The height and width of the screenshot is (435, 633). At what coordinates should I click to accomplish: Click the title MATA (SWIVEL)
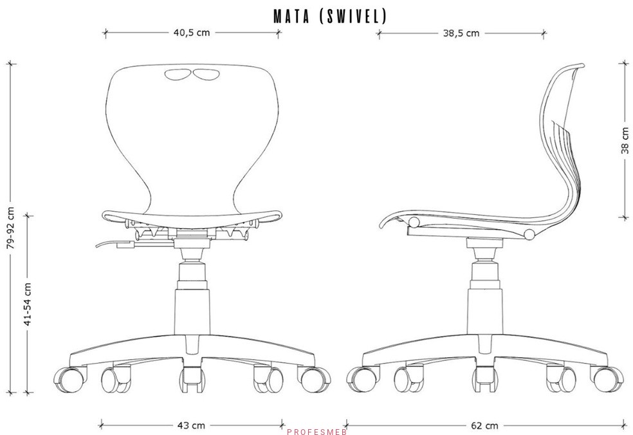click(330, 16)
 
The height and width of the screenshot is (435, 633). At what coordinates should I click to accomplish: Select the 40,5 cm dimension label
click(192, 33)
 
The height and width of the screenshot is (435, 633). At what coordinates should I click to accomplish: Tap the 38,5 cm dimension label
click(461, 33)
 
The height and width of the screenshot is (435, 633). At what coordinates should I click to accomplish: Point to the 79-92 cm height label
click(10, 228)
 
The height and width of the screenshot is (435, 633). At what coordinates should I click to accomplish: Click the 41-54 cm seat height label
click(27, 304)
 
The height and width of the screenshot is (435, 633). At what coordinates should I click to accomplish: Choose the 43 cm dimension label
click(191, 425)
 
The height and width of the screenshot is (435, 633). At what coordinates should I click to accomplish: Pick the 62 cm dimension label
click(484, 426)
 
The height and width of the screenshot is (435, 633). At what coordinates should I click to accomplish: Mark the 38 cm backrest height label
click(625, 140)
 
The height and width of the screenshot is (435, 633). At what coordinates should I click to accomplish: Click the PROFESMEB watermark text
click(317, 432)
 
